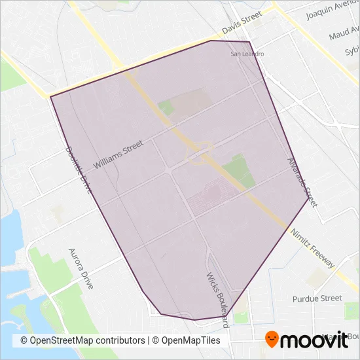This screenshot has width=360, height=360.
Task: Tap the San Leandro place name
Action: (248, 54)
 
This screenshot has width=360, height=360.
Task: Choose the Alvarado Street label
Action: (302, 183)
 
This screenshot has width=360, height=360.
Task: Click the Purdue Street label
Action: (317, 298)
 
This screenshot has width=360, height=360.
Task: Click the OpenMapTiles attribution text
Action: (187, 340)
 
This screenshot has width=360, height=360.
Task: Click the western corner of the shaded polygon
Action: (51, 97)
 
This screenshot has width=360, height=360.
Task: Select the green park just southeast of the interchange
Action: (238, 170)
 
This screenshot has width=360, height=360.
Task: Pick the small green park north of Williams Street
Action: (166, 107)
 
